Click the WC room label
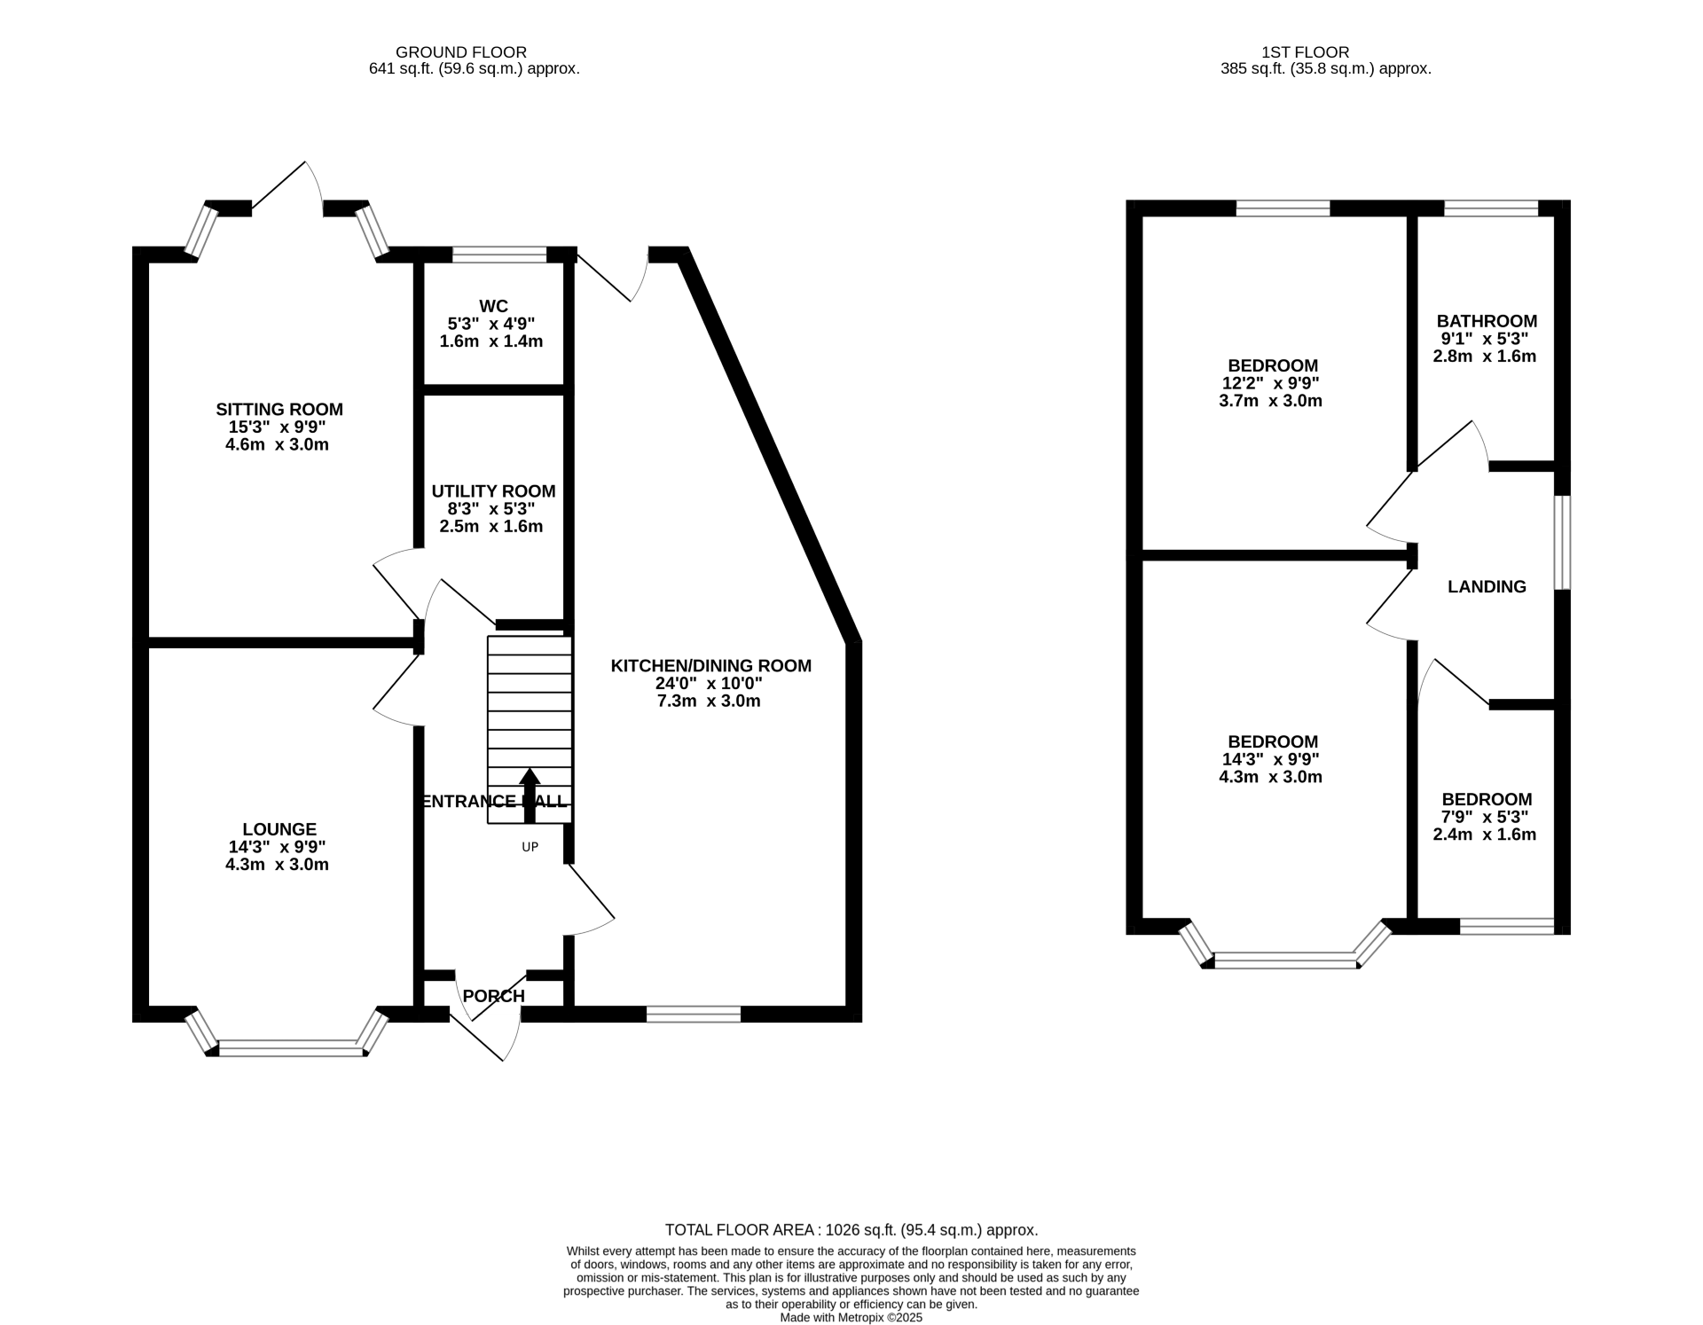[x=494, y=307]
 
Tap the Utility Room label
[x=493, y=491]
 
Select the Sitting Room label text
[x=279, y=410]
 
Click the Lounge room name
[x=279, y=829]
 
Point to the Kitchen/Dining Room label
[x=710, y=666]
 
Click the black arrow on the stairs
[x=530, y=794]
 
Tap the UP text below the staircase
[x=530, y=847]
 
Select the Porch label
[x=494, y=996]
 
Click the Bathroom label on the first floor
[x=1487, y=321]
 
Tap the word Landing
[x=1487, y=586]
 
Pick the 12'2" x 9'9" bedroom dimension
[x=1270, y=383]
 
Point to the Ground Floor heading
[x=461, y=52]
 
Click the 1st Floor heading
[x=1306, y=52]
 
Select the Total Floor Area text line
[x=851, y=1230]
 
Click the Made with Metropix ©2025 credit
[x=851, y=1318]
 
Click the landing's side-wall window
[x=1563, y=542]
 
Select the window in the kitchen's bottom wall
[x=694, y=1014]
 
